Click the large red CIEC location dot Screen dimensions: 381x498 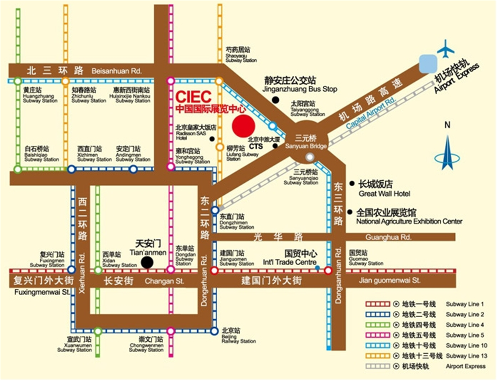pos(243,126)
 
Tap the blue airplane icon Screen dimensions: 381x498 pos(445,49)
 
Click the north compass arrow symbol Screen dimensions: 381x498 pos(447,153)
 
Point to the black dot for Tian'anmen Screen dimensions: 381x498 pos(147,262)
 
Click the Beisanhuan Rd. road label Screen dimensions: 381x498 pos(117,71)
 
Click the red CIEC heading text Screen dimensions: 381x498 pos(194,97)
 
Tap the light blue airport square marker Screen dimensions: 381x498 pos(428,64)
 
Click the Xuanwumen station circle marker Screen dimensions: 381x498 pos(98,331)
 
